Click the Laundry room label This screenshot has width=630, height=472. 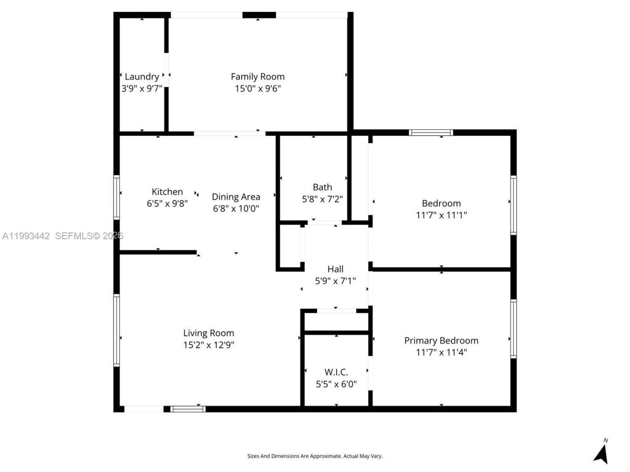pos(142,77)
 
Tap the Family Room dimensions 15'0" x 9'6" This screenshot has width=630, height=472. pos(258,88)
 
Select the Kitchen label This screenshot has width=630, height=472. pos(167,192)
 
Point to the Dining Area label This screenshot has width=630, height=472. pos(236,197)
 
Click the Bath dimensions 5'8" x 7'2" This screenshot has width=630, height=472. pos(322,199)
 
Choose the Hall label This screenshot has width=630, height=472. pos(336,269)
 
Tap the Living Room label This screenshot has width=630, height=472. pos(209,333)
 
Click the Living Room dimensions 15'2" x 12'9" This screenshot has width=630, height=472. pos(209,345)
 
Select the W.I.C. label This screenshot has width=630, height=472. pos(336,372)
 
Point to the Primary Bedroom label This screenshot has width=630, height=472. pos(441,340)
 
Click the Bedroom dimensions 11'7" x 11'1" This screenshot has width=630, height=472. pos(441,215)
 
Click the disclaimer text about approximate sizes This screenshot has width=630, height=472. pos(315,456)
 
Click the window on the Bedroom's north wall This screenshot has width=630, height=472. pos(431,132)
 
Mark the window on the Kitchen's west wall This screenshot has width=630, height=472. pos(117,197)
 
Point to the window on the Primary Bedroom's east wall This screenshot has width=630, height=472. pos(513,328)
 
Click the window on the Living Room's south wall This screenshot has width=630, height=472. pos(188,409)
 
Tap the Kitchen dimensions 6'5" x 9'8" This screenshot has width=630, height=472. pos(167,203)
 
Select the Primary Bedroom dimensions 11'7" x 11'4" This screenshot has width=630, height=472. pos(441,352)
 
